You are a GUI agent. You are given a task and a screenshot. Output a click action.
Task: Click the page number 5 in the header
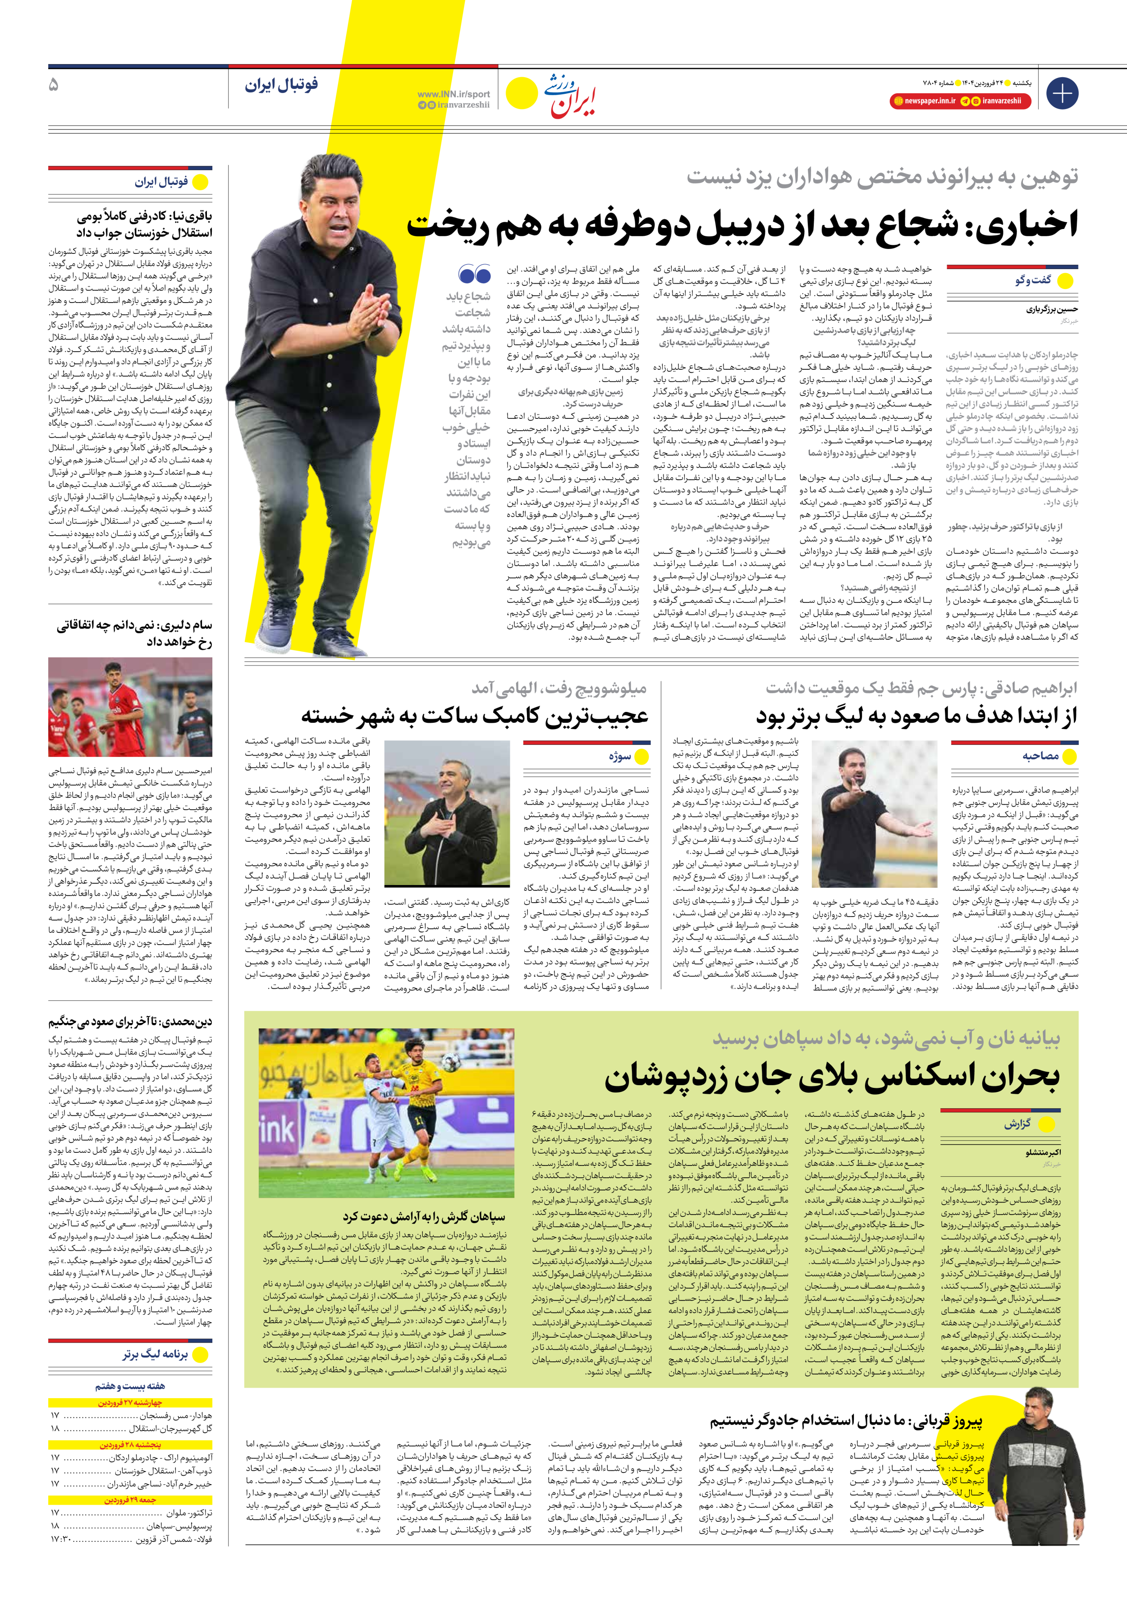(53, 85)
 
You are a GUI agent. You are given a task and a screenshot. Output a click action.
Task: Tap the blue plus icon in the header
(1062, 93)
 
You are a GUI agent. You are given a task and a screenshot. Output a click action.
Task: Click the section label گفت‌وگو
(1033, 280)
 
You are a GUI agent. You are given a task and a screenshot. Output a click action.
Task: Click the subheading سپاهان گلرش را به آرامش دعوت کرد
(424, 1216)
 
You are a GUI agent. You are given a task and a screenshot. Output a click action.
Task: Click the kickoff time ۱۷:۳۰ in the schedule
(60, 1540)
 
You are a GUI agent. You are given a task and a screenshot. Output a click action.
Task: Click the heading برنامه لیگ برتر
(155, 1355)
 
